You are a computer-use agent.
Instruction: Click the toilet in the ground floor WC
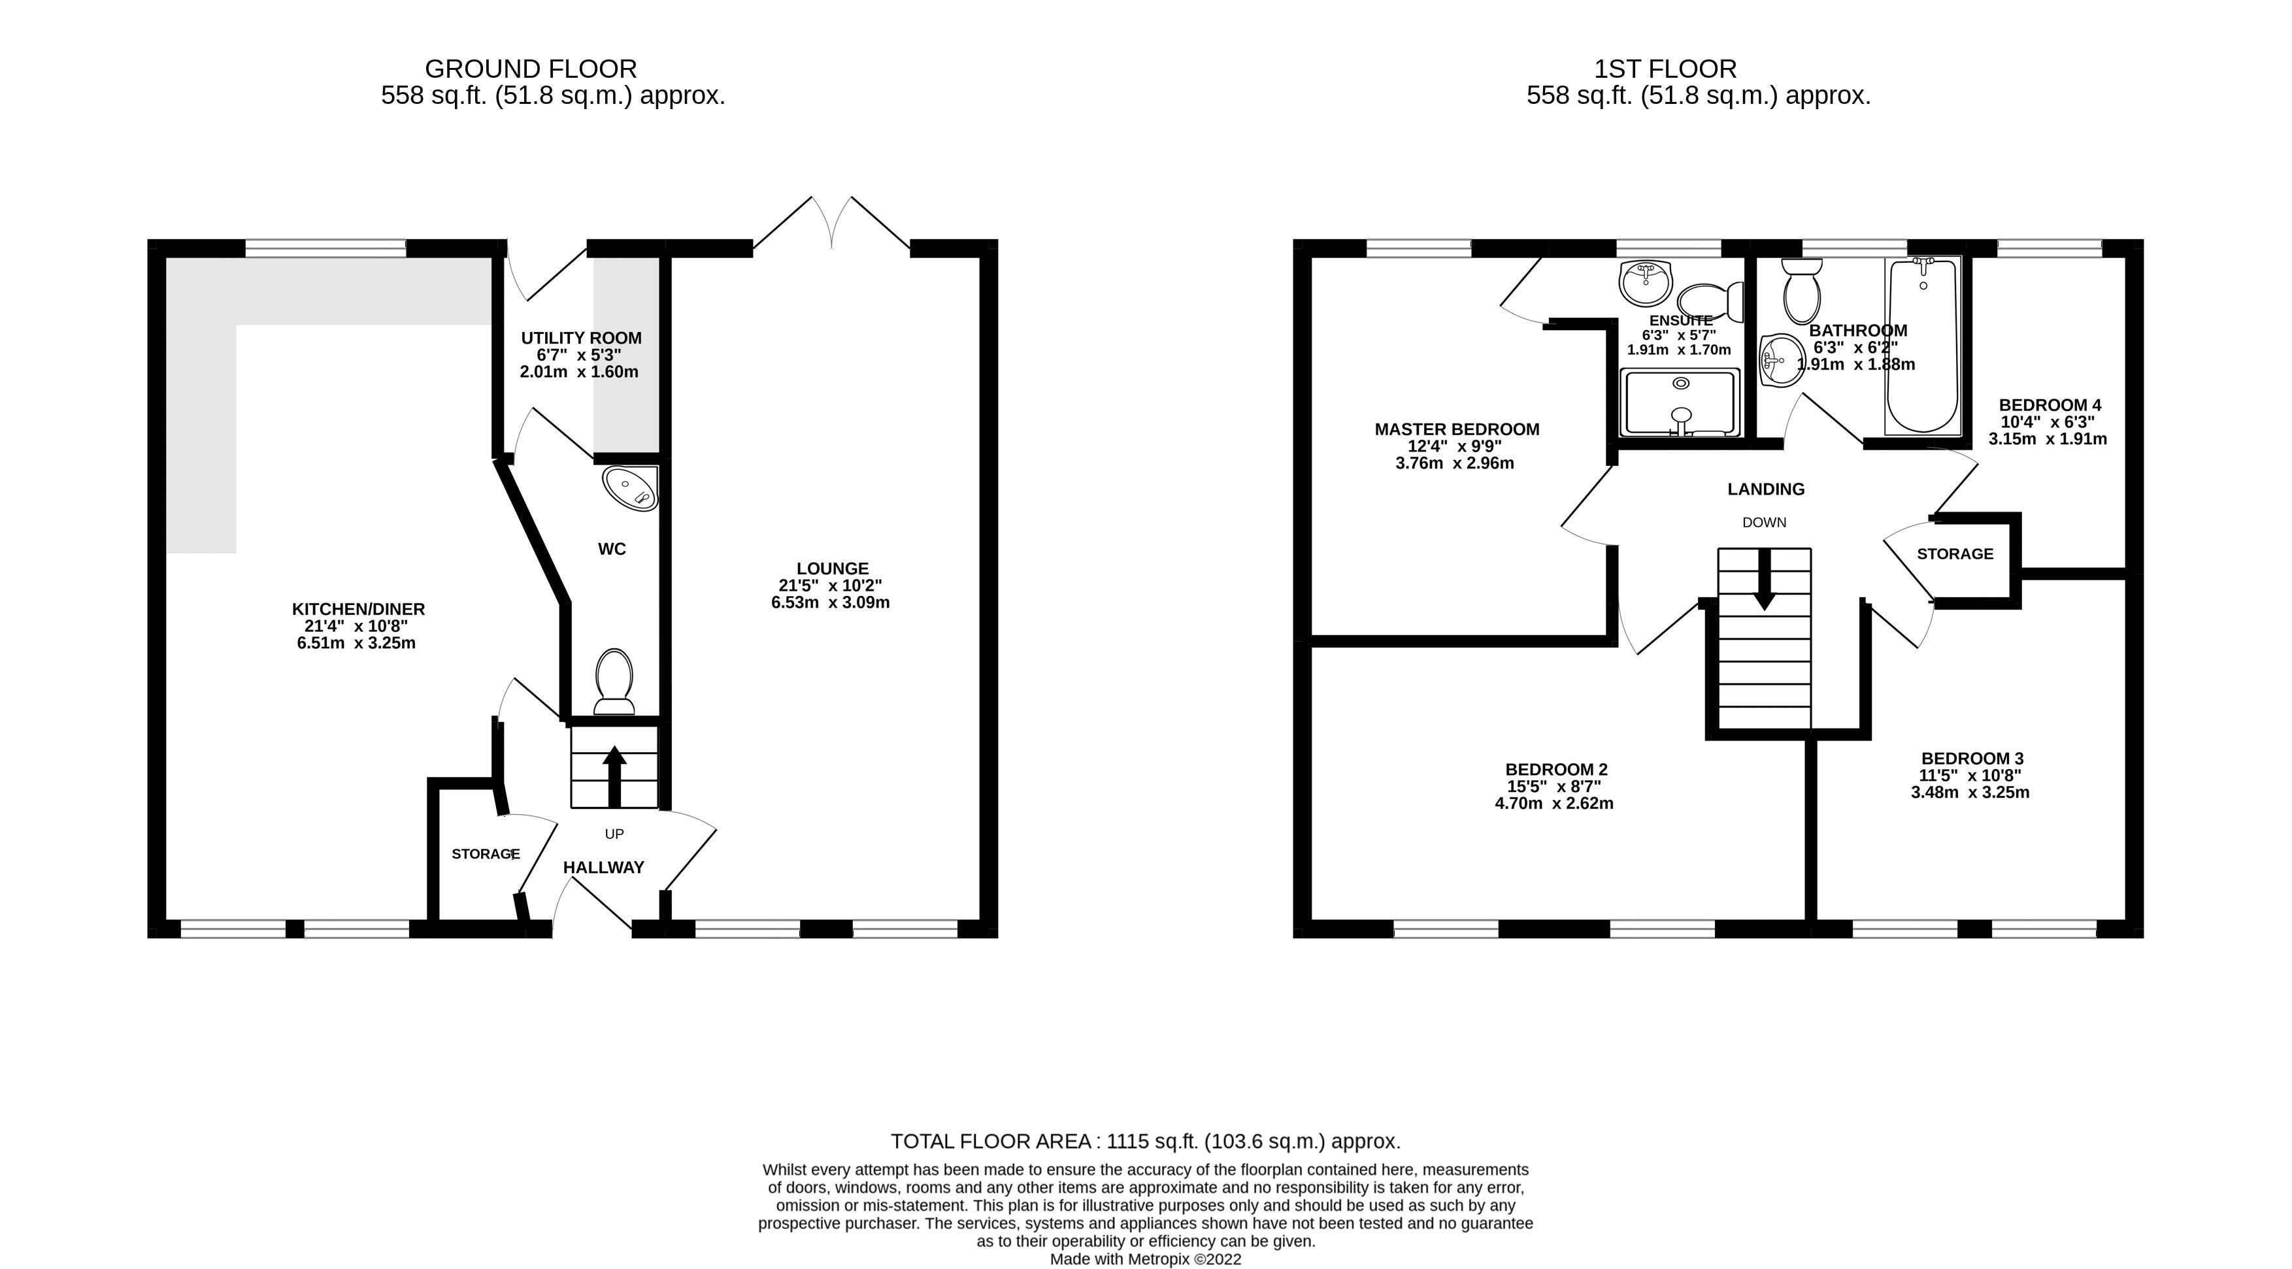click(614, 681)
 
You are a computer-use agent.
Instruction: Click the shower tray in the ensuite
click(1680, 403)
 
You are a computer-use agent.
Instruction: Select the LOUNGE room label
click(832, 568)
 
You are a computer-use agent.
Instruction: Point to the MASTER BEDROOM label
click(1457, 429)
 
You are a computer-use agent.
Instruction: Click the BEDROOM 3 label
click(1972, 758)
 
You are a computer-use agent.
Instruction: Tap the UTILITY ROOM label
click(581, 338)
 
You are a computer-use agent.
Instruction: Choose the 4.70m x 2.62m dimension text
click(1553, 802)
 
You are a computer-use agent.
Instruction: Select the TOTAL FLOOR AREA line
click(1145, 1141)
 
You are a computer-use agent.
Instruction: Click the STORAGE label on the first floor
click(1954, 553)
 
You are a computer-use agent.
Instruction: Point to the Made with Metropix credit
click(1145, 1259)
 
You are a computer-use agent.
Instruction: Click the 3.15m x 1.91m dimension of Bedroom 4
click(2048, 438)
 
